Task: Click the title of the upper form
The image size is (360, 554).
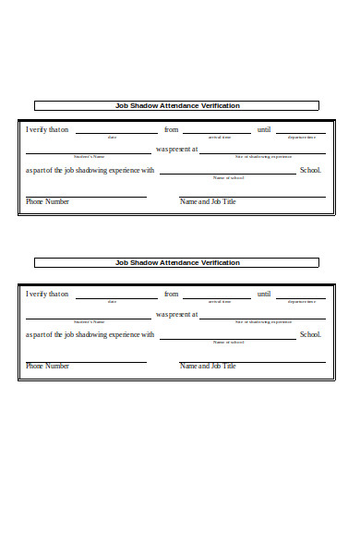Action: (x=177, y=106)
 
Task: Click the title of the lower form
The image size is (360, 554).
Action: (x=177, y=263)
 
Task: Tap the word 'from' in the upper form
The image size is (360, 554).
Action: (x=171, y=130)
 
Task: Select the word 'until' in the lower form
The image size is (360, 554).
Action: (x=264, y=295)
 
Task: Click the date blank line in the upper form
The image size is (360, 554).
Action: (x=116, y=134)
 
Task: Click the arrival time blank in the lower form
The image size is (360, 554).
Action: (x=217, y=298)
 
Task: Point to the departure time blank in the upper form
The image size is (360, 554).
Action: (x=301, y=134)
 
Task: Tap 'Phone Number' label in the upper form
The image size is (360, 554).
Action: (x=47, y=201)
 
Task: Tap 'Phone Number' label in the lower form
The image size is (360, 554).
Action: (x=47, y=367)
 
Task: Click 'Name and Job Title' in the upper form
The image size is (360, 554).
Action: (x=208, y=201)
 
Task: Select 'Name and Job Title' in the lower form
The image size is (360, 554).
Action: (x=208, y=367)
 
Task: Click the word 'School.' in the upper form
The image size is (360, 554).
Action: (x=310, y=170)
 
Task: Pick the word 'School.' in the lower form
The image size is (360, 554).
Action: (x=310, y=334)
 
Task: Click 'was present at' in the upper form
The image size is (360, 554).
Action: (x=176, y=150)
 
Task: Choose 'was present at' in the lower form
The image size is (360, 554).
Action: (x=176, y=314)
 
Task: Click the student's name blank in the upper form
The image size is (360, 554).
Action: (x=89, y=152)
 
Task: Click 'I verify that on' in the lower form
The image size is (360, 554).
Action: (x=47, y=295)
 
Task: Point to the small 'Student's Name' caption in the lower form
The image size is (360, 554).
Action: (x=90, y=321)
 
